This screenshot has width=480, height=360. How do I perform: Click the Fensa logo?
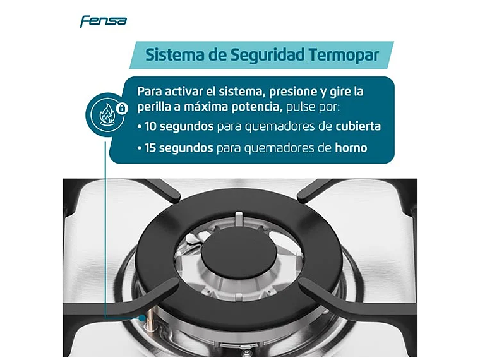tap(103, 21)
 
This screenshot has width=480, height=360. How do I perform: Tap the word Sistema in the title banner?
tap(175, 54)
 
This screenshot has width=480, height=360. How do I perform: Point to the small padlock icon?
tap(123, 108)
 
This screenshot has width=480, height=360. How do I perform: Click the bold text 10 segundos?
tap(179, 126)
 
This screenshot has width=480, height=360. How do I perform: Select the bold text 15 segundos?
tap(179, 148)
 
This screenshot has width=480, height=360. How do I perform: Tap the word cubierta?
tap(358, 126)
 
